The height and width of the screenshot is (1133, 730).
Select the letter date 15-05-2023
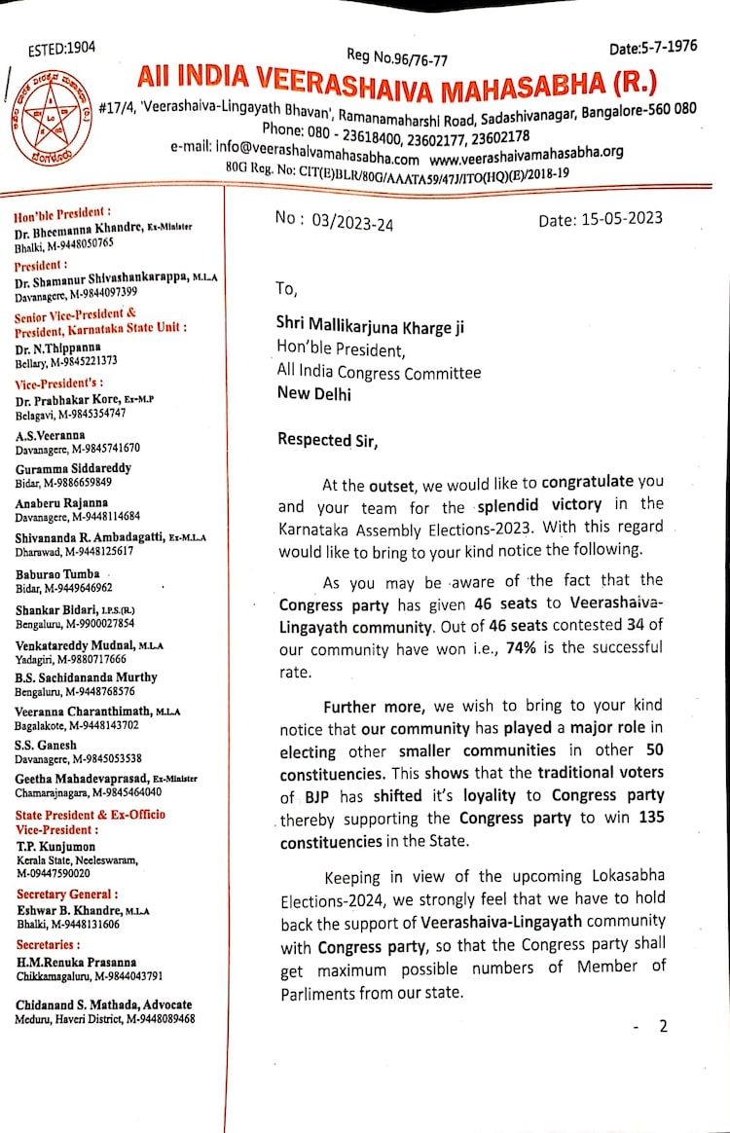(600, 219)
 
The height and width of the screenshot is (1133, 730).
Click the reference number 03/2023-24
(335, 222)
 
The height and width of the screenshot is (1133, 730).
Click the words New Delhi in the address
(315, 394)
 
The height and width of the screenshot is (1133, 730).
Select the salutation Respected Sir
(327, 440)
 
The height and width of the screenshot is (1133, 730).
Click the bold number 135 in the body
(650, 818)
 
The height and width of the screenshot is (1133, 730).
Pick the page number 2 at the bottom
(663, 1026)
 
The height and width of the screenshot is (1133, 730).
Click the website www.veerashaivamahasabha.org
(527, 154)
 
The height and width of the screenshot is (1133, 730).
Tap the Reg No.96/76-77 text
(397, 57)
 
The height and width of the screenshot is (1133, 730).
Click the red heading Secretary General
(66, 894)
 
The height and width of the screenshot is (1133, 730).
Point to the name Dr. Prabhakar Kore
(77, 400)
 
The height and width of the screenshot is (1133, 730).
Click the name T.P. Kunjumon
(54, 847)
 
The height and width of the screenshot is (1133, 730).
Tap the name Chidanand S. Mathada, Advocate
(103, 1005)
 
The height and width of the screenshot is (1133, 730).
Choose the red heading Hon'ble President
(62, 211)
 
